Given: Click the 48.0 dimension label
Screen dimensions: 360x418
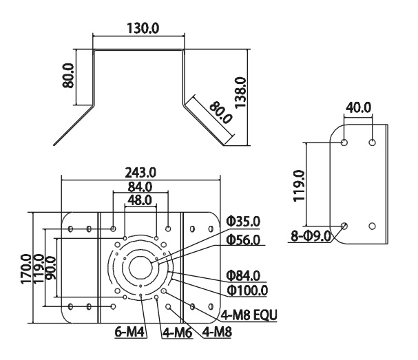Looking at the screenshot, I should [140, 200].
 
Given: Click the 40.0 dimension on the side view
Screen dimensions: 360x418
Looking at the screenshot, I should [358, 108].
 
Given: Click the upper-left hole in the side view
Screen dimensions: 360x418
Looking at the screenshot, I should [344, 142].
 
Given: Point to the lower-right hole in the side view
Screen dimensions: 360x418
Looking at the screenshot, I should [373, 226].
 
